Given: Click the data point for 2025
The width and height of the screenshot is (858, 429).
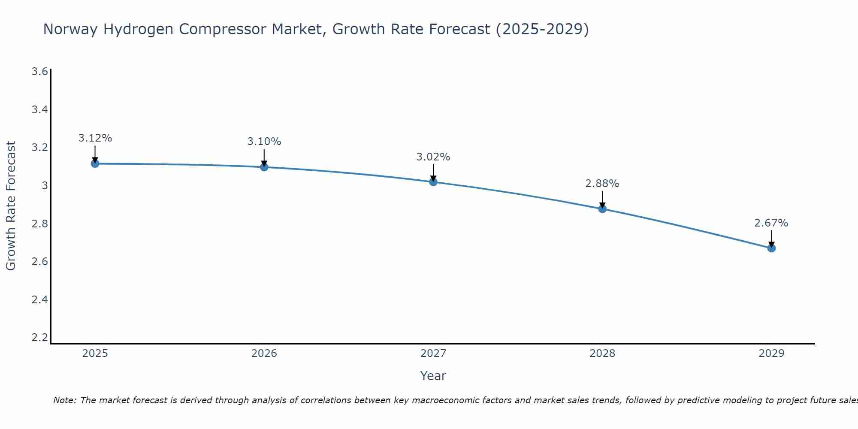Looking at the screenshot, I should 95,163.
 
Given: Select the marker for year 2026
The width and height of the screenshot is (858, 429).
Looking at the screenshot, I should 264,167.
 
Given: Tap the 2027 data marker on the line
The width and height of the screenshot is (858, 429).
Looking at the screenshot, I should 433,182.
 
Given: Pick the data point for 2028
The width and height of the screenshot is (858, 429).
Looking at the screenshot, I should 602,209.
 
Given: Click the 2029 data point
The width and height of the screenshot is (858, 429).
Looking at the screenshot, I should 771,248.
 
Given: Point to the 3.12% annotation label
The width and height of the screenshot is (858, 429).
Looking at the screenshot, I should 95,138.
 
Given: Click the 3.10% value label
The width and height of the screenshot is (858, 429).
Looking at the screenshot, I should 264,142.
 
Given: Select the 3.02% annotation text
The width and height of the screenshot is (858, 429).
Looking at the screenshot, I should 433,157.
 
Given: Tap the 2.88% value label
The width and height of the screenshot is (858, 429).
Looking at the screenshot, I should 602,184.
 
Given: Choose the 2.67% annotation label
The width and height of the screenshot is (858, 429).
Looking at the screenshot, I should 771,223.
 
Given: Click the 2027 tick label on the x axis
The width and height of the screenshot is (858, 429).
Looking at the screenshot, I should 433,353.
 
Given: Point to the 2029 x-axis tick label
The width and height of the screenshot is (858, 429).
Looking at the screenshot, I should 771,353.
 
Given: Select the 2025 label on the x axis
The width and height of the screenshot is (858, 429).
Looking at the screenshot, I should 95,353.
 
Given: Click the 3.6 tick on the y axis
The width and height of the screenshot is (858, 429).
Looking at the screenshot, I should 40,71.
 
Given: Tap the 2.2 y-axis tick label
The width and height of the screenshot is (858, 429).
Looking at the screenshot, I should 40,338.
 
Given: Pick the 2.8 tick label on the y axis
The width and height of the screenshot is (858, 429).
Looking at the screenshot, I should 40,224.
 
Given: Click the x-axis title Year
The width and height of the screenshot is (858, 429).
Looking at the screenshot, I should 433,376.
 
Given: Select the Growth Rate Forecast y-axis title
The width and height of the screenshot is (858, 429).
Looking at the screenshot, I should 11,206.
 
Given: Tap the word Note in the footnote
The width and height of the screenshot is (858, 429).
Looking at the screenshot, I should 64,400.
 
